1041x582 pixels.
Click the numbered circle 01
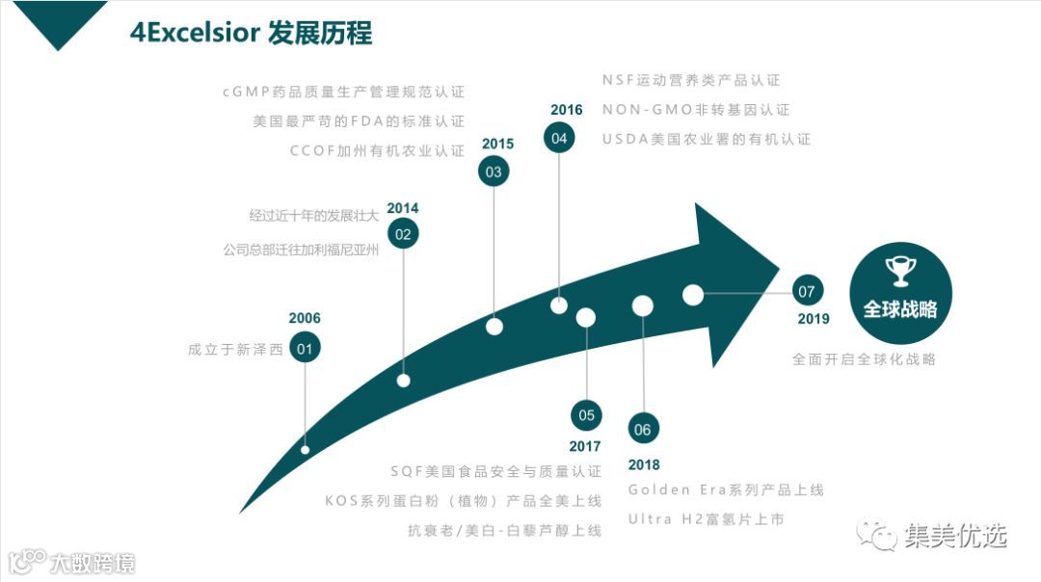[x=305, y=349]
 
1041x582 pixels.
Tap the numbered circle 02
[x=403, y=233]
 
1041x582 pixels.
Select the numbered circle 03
[x=494, y=172]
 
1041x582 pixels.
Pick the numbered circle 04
[x=559, y=139]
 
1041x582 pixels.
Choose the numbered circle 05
[x=586, y=415]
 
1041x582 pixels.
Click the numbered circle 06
[x=643, y=430]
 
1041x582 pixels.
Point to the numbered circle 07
[x=808, y=289]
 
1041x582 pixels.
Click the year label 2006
[x=305, y=319]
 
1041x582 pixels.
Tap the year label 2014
[x=403, y=208]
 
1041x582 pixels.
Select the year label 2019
[x=814, y=319]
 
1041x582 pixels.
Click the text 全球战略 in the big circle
[x=900, y=309]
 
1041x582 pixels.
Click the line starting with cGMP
[x=343, y=93]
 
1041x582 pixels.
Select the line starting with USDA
[x=707, y=139]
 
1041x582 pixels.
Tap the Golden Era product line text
[x=726, y=489]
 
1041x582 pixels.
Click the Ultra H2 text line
[x=707, y=519]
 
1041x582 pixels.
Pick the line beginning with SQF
[x=495, y=471]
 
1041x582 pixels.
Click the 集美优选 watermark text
[x=955, y=536]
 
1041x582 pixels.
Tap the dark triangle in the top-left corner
[x=59, y=19]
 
